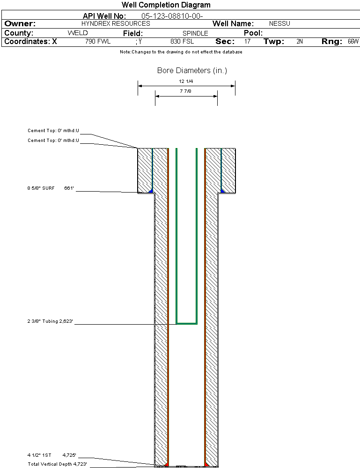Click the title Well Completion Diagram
(x=166, y=5)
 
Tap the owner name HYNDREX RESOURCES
(x=116, y=23)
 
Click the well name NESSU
(x=279, y=24)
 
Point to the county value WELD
(x=78, y=33)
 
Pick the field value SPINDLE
(x=195, y=34)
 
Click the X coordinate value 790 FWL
(x=98, y=42)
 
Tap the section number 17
(x=247, y=42)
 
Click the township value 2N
(x=300, y=42)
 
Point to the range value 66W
(x=353, y=42)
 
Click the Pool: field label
(x=253, y=33)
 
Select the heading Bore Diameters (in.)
(x=192, y=71)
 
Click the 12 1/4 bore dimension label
(x=186, y=81)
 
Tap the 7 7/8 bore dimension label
(x=186, y=91)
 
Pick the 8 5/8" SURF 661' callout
(x=51, y=188)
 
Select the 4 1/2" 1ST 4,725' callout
(x=51, y=455)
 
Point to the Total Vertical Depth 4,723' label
(x=57, y=464)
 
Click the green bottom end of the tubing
(x=186, y=323)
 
